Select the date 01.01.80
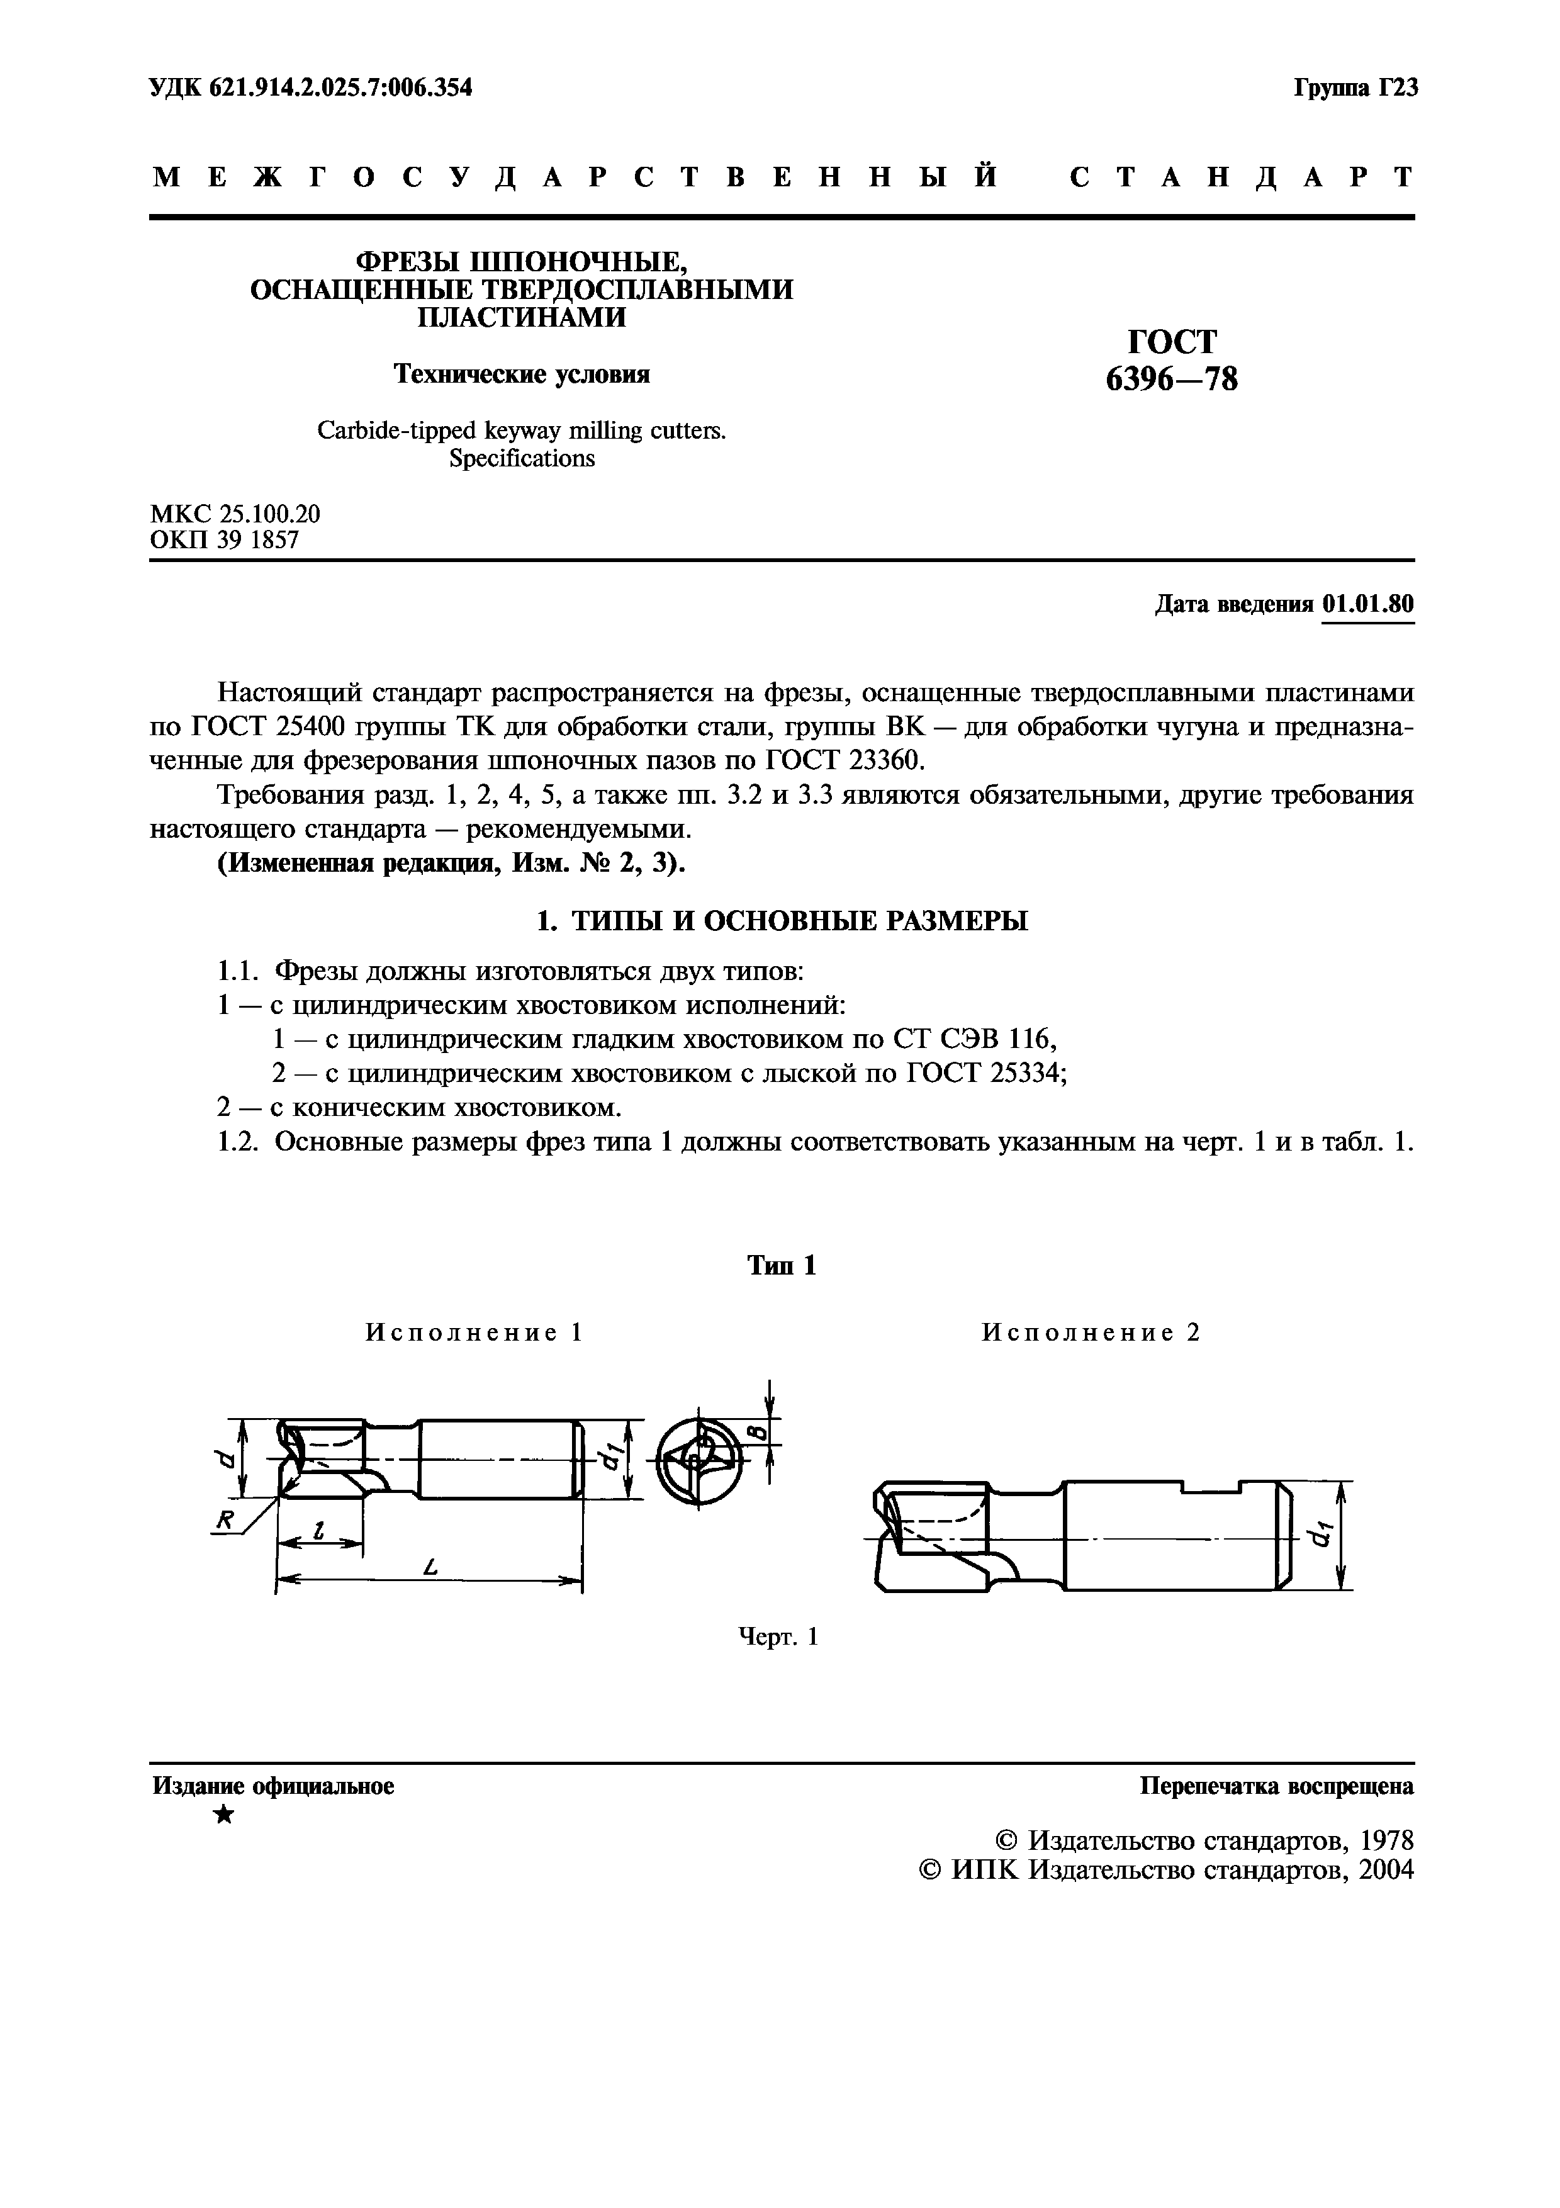pyautogui.click(x=1368, y=604)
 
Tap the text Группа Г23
pyautogui.click(x=1355, y=89)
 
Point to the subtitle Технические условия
pyautogui.click(x=522, y=374)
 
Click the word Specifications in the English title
pyautogui.click(x=522, y=459)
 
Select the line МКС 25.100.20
pyautogui.click(x=235, y=514)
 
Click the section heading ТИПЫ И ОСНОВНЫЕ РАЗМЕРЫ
pyautogui.click(x=800, y=921)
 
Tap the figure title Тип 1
pyautogui.click(x=782, y=1266)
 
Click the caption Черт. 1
pyautogui.click(x=778, y=1636)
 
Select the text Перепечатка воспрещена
pyautogui.click(x=1276, y=1786)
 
